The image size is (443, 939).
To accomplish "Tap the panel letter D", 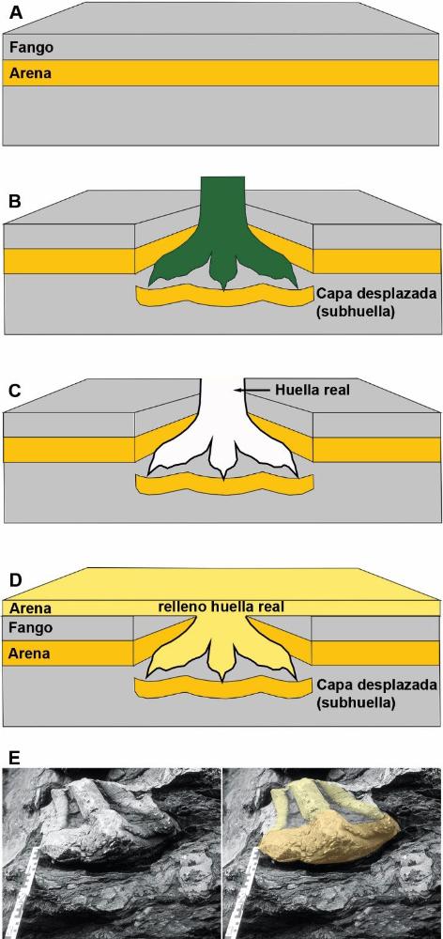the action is coord(14,580).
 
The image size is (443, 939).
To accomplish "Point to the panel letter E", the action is coord(14,757).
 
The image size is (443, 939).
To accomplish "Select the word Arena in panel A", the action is coord(27,74).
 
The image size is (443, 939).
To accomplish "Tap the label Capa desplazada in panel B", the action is coord(376,295).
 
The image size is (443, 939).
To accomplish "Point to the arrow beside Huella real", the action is coord(254,391).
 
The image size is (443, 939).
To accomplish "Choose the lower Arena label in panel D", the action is coord(27,654).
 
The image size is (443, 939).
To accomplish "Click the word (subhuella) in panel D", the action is coord(356,701).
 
